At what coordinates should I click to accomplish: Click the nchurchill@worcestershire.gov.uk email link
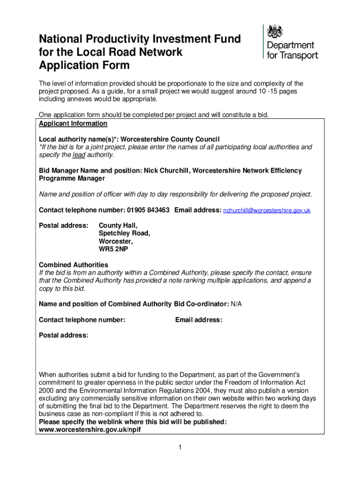coord(266,211)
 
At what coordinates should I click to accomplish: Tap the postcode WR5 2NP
coord(113,249)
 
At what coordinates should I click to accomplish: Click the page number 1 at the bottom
coord(179,448)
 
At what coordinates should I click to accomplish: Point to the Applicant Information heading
coord(73,123)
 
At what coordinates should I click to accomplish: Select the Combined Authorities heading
coord(73,265)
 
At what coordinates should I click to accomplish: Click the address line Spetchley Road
coord(124,233)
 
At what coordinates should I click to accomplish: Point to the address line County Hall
coord(118,225)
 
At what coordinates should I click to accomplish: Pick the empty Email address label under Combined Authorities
coord(199,320)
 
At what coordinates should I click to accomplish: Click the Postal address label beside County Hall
coord(63,225)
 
